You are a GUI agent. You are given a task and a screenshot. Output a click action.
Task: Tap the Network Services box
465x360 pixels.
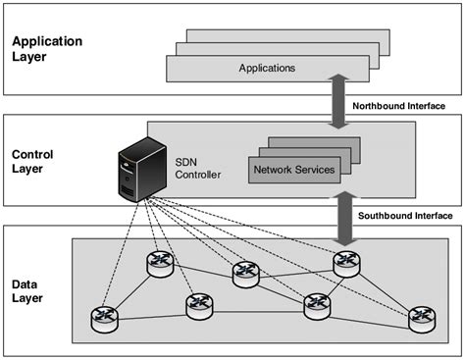coord(294,170)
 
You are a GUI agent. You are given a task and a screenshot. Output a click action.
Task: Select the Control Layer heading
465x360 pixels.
coord(33,160)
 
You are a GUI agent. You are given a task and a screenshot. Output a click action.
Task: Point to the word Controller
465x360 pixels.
coord(199,176)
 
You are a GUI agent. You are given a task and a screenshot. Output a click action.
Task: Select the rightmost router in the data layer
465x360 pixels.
coord(422,317)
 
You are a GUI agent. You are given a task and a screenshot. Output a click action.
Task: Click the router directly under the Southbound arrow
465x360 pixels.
coord(346,262)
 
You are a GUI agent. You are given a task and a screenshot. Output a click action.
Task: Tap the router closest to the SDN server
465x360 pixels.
coord(160,264)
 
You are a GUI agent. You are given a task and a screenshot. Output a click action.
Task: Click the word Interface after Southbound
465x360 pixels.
coord(434,216)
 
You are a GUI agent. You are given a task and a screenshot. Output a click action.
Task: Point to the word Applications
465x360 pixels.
coord(267,68)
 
